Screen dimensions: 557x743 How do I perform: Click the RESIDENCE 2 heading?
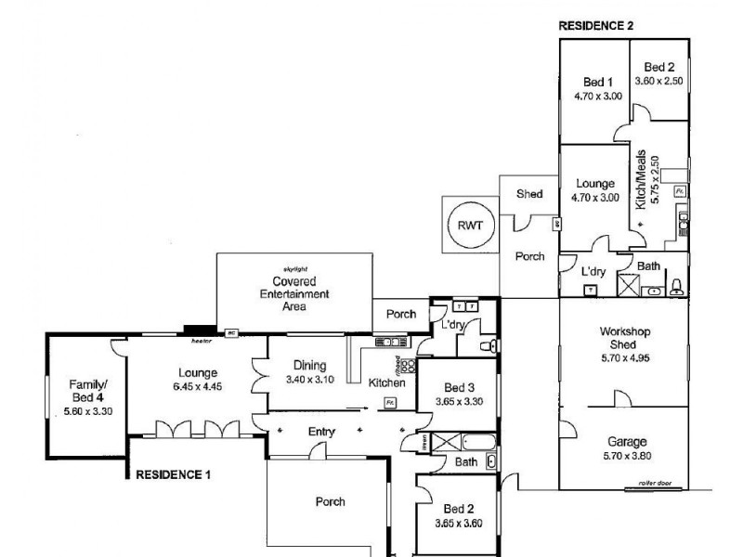click(x=595, y=26)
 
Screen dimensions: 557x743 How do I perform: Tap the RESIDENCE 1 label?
click(x=174, y=473)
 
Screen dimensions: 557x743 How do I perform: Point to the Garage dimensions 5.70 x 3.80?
click(x=623, y=455)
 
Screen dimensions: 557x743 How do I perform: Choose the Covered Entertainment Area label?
click(x=293, y=293)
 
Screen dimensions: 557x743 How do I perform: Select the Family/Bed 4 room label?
click(x=88, y=390)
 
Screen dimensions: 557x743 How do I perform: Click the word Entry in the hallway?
click(x=319, y=433)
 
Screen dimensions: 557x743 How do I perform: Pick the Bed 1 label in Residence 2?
click(x=598, y=81)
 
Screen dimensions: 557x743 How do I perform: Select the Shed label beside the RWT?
click(x=529, y=194)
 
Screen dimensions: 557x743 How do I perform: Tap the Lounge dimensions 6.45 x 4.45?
click(x=195, y=386)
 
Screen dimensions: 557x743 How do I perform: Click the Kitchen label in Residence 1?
click(x=385, y=382)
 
